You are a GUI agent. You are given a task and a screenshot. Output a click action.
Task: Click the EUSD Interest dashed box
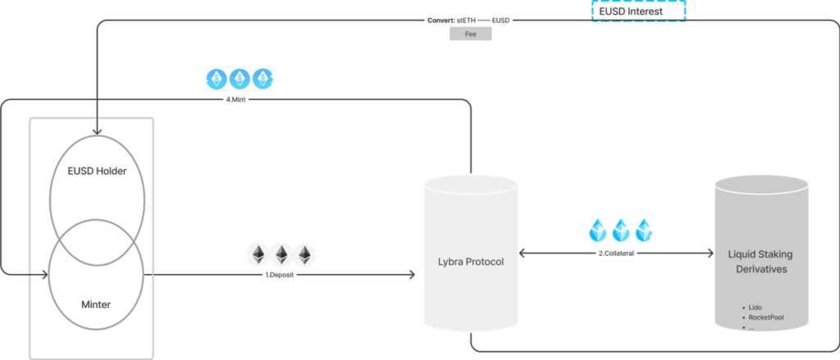[x=638, y=11]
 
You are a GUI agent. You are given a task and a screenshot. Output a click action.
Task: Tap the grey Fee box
[x=470, y=34]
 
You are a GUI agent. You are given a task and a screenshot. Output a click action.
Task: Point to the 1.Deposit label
[x=279, y=275]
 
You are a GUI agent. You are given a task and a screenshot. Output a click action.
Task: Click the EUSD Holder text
[x=97, y=171]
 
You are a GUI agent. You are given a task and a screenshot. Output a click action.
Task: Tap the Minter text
[x=96, y=304]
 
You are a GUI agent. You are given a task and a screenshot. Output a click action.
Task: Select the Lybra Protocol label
[x=471, y=263]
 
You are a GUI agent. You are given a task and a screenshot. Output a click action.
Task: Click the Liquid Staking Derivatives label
[x=760, y=262]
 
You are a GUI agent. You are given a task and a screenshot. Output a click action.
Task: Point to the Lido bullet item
[x=752, y=308]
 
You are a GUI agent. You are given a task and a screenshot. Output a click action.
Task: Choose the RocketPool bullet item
[x=763, y=317]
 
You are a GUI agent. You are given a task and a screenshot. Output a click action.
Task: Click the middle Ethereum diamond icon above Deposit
[x=282, y=254]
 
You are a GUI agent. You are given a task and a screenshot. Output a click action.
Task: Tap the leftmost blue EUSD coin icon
[x=217, y=79]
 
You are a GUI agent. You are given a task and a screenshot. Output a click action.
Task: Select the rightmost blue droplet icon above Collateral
[x=646, y=230]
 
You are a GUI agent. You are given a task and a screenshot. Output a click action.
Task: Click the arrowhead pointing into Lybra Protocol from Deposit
[x=412, y=275]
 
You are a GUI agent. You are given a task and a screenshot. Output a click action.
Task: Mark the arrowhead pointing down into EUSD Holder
[x=97, y=131]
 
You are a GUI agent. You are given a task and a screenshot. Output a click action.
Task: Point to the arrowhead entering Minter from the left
[x=45, y=275]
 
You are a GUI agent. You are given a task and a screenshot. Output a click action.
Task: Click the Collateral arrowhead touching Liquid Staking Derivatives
[x=710, y=253]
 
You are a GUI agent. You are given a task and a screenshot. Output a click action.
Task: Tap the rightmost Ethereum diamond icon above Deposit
[x=305, y=254]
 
